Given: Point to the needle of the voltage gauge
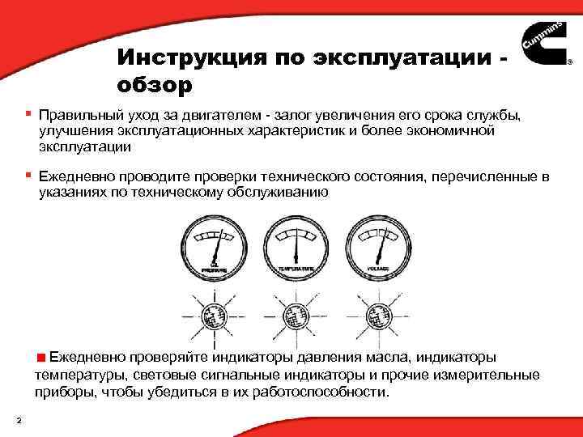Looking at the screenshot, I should [379, 244].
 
